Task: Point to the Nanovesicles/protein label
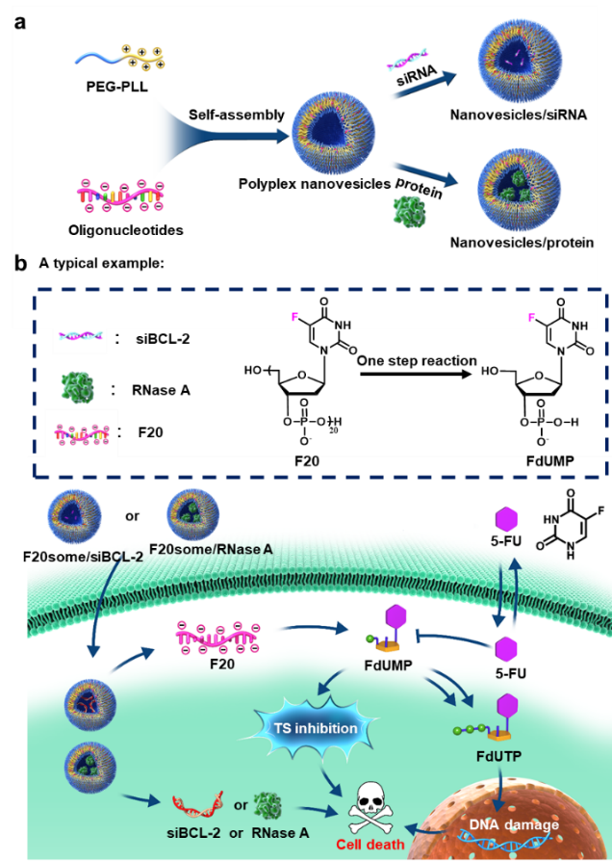tap(520, 243)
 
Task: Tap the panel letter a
tap(19, 20)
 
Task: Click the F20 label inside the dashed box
tap(308, 461)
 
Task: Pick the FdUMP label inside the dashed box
tap(551, 461)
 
